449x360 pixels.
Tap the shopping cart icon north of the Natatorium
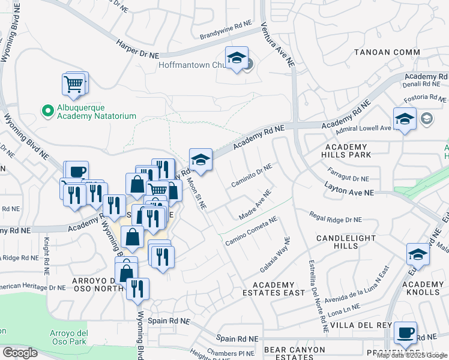tap(73, 85)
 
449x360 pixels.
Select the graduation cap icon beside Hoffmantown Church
tap(237, 58)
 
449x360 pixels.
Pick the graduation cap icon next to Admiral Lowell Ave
tap(405, 118)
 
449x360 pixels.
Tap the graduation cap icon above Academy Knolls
tap(418, 254)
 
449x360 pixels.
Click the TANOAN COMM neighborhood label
tap(387, 52)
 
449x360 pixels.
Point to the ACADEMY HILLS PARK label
tap(346, 151)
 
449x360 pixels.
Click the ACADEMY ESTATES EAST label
tap(274, 289)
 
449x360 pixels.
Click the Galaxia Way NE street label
tap(276, 253)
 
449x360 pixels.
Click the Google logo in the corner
tap(20, 352)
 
